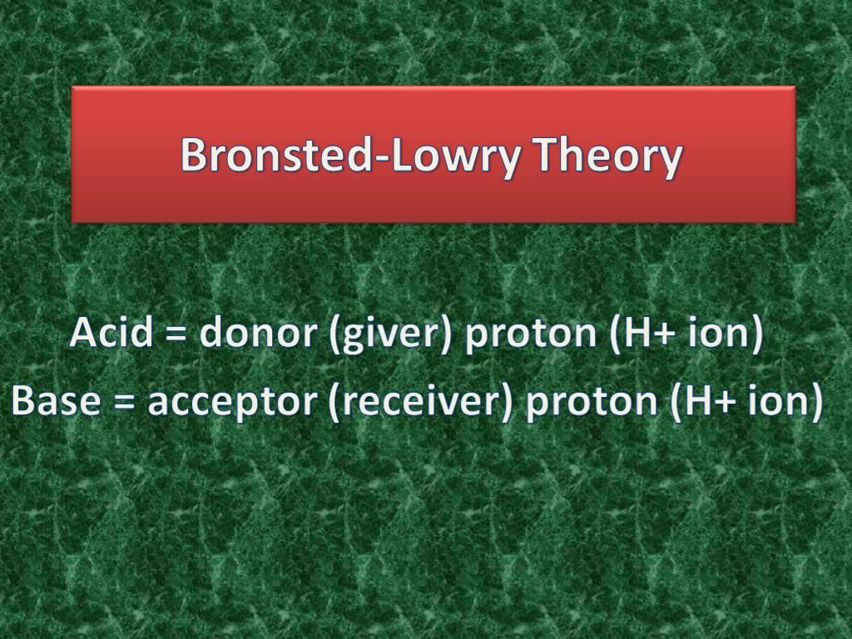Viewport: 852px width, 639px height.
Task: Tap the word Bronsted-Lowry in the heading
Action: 350,155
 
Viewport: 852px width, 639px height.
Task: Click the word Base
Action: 56,400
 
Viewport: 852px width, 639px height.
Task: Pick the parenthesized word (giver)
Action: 389,333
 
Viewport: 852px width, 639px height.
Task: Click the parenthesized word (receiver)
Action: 420,402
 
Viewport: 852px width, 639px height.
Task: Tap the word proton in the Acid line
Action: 531,334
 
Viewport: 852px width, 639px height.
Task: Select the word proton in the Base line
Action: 592,404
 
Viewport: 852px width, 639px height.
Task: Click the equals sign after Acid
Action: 176,333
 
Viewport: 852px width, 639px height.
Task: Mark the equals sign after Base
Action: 125,402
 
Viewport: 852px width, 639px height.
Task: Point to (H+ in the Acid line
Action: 643,333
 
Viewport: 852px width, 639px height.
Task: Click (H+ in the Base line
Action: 703,402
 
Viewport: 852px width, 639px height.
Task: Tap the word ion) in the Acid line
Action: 726,333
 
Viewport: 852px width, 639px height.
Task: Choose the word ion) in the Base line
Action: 786,402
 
